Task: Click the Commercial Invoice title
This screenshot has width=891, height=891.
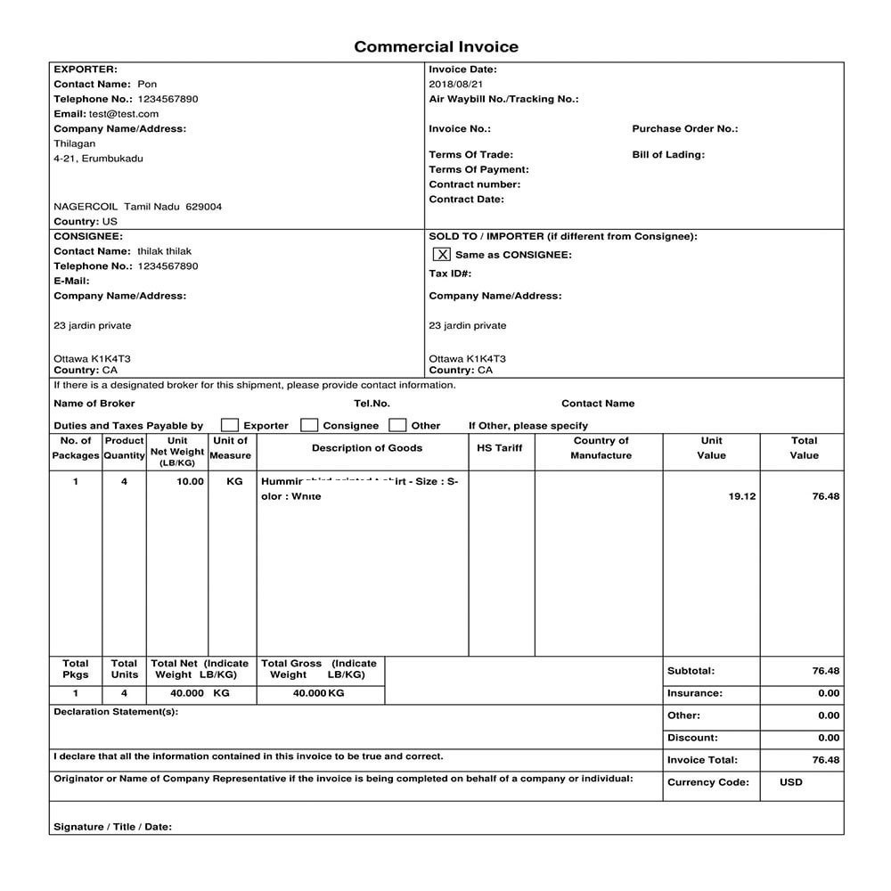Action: [x=436, y=47]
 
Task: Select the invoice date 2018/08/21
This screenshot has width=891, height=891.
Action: [x=455, y=85]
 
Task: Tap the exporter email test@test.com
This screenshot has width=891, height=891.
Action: [x=124, y=114]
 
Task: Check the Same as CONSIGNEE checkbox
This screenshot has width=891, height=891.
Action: [x=442, y=255]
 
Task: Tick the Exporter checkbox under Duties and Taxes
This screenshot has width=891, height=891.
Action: [x=230, y=425]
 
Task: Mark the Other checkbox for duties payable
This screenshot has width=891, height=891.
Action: [x=398, y=425]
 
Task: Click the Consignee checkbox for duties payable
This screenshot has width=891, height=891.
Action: [x=309, y=425]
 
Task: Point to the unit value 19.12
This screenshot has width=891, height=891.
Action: [x=741, y=496]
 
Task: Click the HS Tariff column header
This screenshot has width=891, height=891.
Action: [x=500, y=448]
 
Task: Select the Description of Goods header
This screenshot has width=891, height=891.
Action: [x=367, y=448]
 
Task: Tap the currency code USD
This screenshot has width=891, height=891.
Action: [x=790, y=782]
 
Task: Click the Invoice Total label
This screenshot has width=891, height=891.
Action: [x=702, y=760]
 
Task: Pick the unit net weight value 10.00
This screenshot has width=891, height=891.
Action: [x=190, y=481]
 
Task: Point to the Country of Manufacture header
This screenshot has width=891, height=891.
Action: [x=601, y=448]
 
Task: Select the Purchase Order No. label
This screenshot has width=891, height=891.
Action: [x=684, y=129]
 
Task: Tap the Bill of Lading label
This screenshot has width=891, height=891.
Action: [x=668, y=155]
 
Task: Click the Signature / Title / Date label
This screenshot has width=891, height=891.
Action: [x=112, y=827]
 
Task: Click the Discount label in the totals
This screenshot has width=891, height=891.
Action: [x=691, y=738]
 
